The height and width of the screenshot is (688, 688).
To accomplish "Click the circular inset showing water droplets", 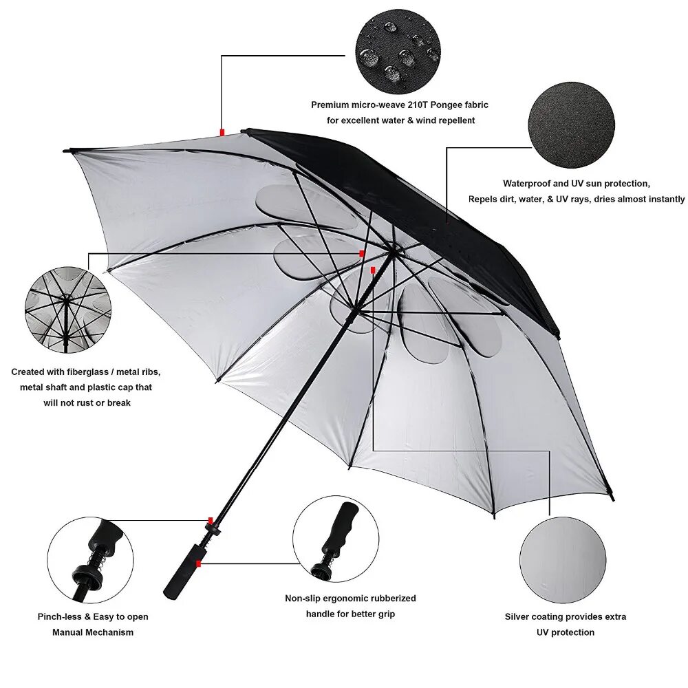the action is (x=398, y=52).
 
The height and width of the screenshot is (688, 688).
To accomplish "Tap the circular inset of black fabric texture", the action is (x=572, y=125).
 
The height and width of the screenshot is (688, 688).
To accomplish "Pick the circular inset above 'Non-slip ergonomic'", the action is (x=336, y=539).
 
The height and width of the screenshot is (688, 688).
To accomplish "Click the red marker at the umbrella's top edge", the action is (x=222, y=131).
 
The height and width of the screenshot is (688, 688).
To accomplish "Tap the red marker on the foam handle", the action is (x=198, y=563).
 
